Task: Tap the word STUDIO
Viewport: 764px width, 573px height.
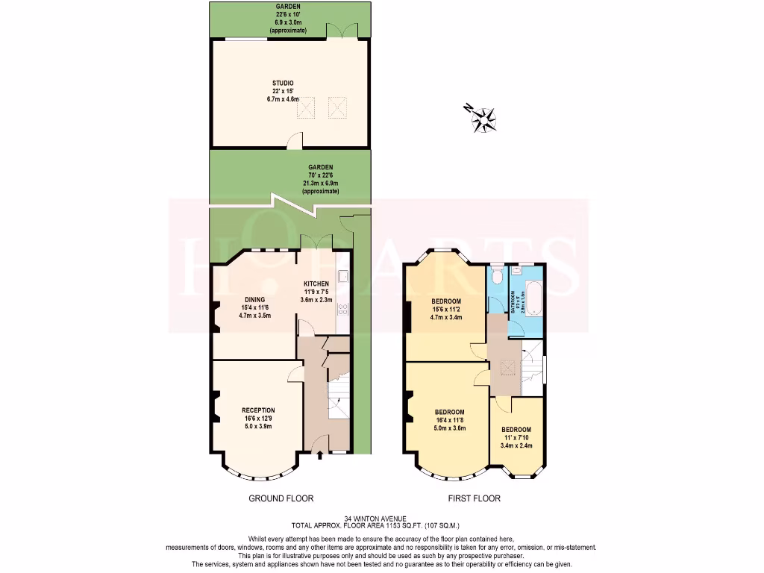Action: pos(282,84)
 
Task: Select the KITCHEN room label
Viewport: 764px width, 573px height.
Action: pos(316,284)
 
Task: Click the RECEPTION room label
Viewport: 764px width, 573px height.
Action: pos(258,410)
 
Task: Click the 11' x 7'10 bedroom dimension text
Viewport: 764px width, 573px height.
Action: pos(516,438)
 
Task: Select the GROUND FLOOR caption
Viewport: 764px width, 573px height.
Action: pos(281,498)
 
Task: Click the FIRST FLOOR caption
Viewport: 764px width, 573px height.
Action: pos(475,498)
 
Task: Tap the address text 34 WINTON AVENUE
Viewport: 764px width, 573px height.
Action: pos(381,518)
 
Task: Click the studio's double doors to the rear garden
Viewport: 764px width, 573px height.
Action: pos(342,31)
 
